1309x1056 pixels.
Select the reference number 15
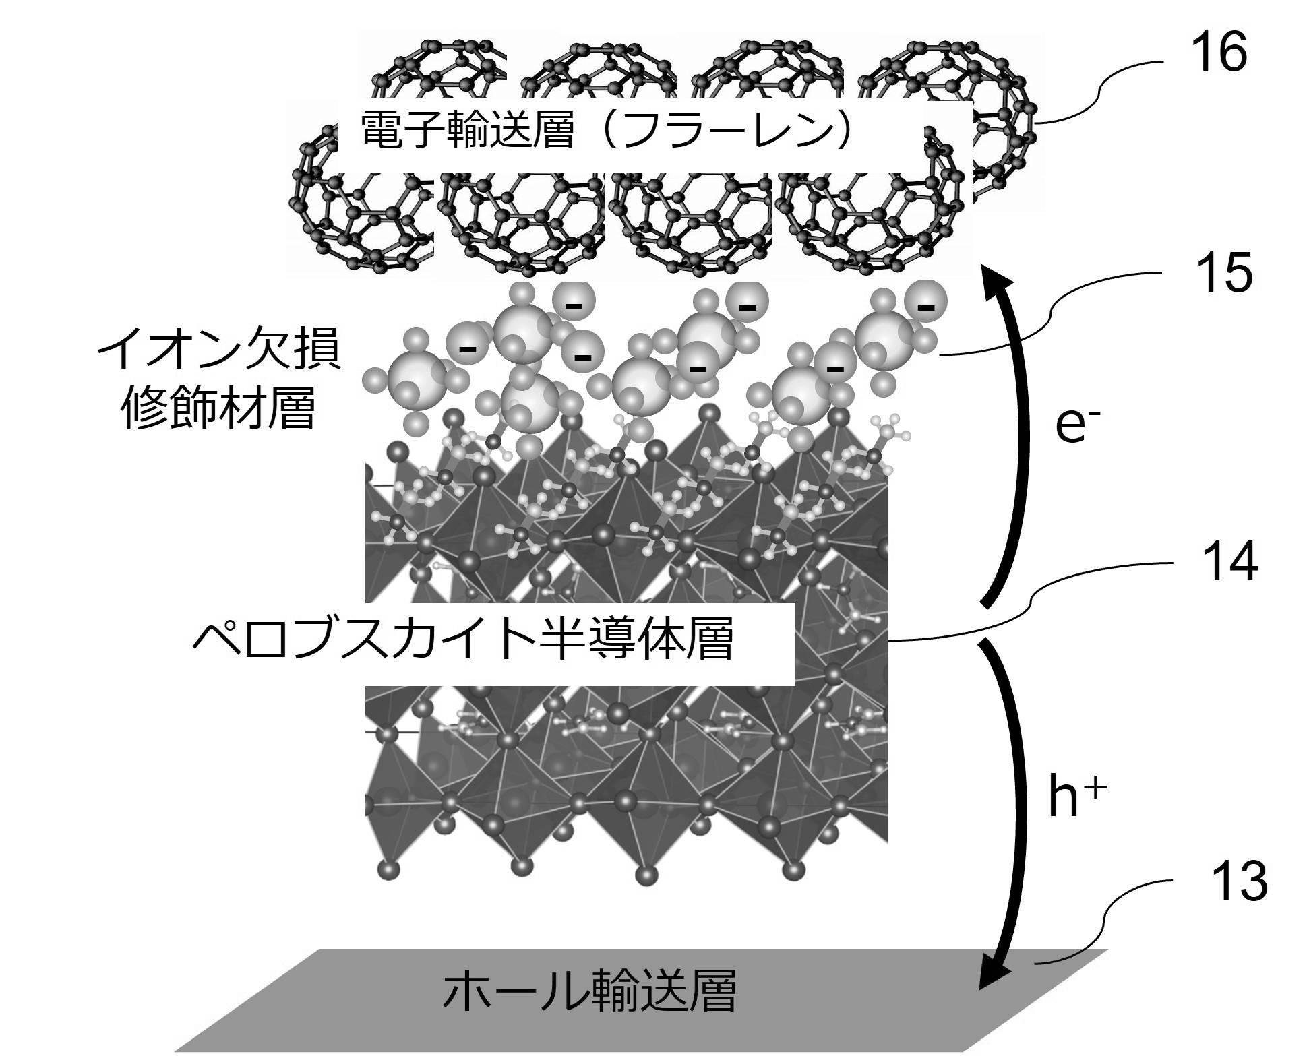(1219, 273)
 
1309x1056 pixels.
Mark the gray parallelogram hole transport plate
(640, 999)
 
